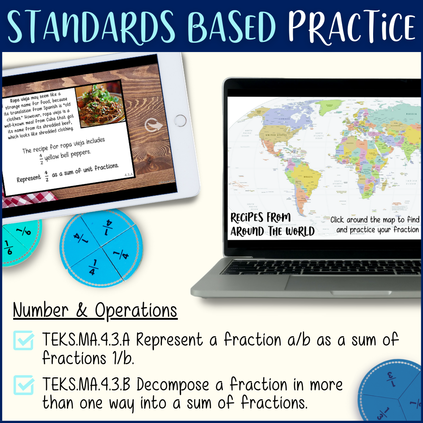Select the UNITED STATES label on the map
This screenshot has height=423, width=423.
[276, 135]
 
